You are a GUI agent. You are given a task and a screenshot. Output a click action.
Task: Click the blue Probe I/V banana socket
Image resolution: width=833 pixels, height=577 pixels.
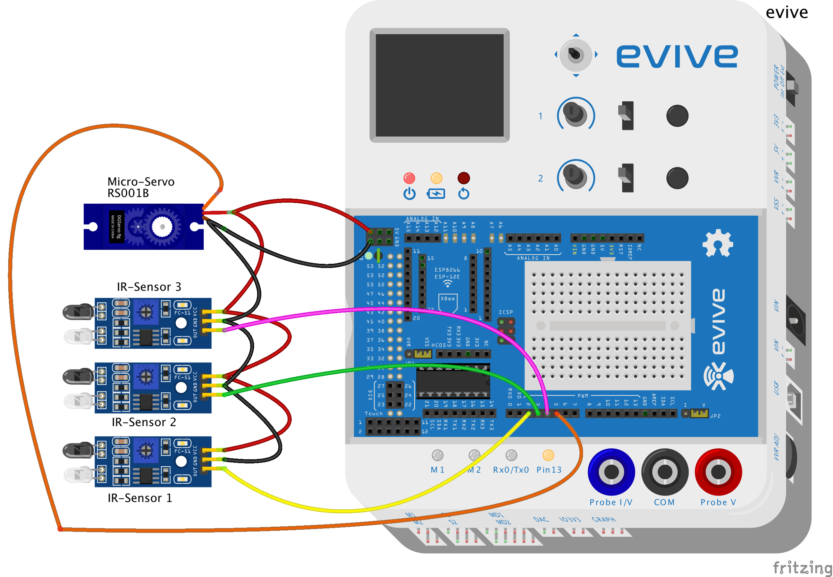(611, 472)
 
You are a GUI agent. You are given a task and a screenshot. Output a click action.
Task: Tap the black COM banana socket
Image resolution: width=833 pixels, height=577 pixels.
(665, 472)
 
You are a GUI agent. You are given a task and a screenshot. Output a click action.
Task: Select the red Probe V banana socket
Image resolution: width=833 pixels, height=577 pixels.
(718, 472)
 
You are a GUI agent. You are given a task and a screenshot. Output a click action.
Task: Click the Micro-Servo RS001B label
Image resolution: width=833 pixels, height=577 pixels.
(141, 187)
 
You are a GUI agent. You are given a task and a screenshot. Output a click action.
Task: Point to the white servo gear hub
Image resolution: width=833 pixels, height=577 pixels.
(162, 227)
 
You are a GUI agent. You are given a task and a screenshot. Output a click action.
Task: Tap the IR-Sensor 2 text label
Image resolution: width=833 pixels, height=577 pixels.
(144, 422)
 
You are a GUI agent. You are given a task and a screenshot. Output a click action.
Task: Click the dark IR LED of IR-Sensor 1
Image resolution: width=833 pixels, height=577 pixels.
(78, 450)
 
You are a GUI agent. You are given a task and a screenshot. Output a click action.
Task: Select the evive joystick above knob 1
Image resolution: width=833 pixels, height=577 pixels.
(575, 55)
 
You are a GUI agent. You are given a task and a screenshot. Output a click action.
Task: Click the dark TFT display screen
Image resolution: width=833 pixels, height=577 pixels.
(439, 85)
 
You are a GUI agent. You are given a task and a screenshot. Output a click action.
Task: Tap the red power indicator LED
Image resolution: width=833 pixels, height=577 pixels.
(409, 178)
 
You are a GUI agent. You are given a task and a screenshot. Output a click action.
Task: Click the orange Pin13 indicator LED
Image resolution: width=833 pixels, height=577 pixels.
(548, 455)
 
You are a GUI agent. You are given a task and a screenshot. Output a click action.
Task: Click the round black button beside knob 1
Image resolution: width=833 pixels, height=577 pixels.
(677, 116)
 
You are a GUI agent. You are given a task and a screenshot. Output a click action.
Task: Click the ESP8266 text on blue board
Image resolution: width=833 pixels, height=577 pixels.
(447, 270)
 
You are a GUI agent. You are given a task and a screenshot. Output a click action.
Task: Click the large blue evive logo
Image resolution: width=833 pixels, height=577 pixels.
(677, 56)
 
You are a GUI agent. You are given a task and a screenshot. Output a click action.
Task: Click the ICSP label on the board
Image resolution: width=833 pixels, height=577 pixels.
(505, 312)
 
